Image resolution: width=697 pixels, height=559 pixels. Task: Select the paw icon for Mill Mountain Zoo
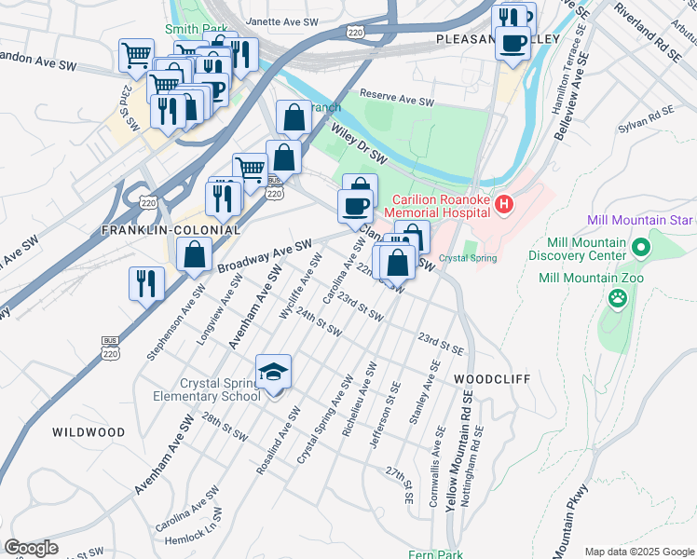pyautogui.click(x=617, y=298)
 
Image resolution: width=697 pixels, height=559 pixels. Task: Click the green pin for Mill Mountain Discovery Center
pyautogui.click(x=641, y=248)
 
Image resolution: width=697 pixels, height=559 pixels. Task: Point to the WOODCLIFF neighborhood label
pyautogui.click(x=491, y=379)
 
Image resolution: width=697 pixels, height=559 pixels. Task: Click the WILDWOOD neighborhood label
pyautogui.click(x=89, y=432)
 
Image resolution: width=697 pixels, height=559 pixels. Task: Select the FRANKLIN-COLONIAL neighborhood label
pyautogui.click(x=171, y=229)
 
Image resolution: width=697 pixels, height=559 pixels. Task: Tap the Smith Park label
pyautogui.click(x=195, y=30)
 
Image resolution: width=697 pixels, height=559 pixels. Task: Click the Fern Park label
pyautogui.click(x=435, y=555)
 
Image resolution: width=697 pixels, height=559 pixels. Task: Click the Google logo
pyautogui.click(x=31, y=548)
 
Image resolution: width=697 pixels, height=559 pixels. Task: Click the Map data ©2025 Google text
pyautogui.click(x=638, y=552)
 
